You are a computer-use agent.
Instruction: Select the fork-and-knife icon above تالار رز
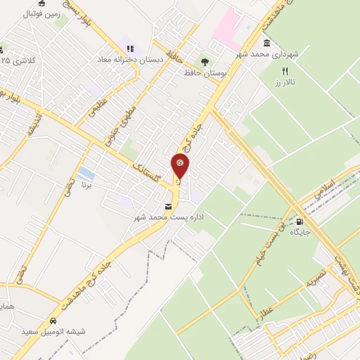click(x=285, y=71)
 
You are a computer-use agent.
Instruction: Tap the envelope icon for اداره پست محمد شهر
click(x=167, y=206)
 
